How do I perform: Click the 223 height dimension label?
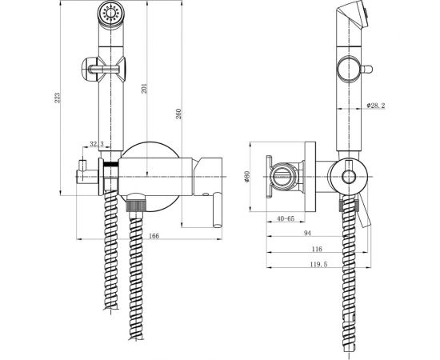coord(58,98)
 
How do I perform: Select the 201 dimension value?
coord(144,88)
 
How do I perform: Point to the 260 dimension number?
coord(178,114)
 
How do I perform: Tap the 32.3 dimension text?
coord(97,144)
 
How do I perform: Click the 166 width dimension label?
coord(154,236)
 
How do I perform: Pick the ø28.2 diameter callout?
coord(376,106)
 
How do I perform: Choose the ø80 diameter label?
coord(247,177)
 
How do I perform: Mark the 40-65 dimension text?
coord(286,218)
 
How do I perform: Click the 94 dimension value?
coord(307,233)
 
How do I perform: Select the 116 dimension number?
coord(317,249)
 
